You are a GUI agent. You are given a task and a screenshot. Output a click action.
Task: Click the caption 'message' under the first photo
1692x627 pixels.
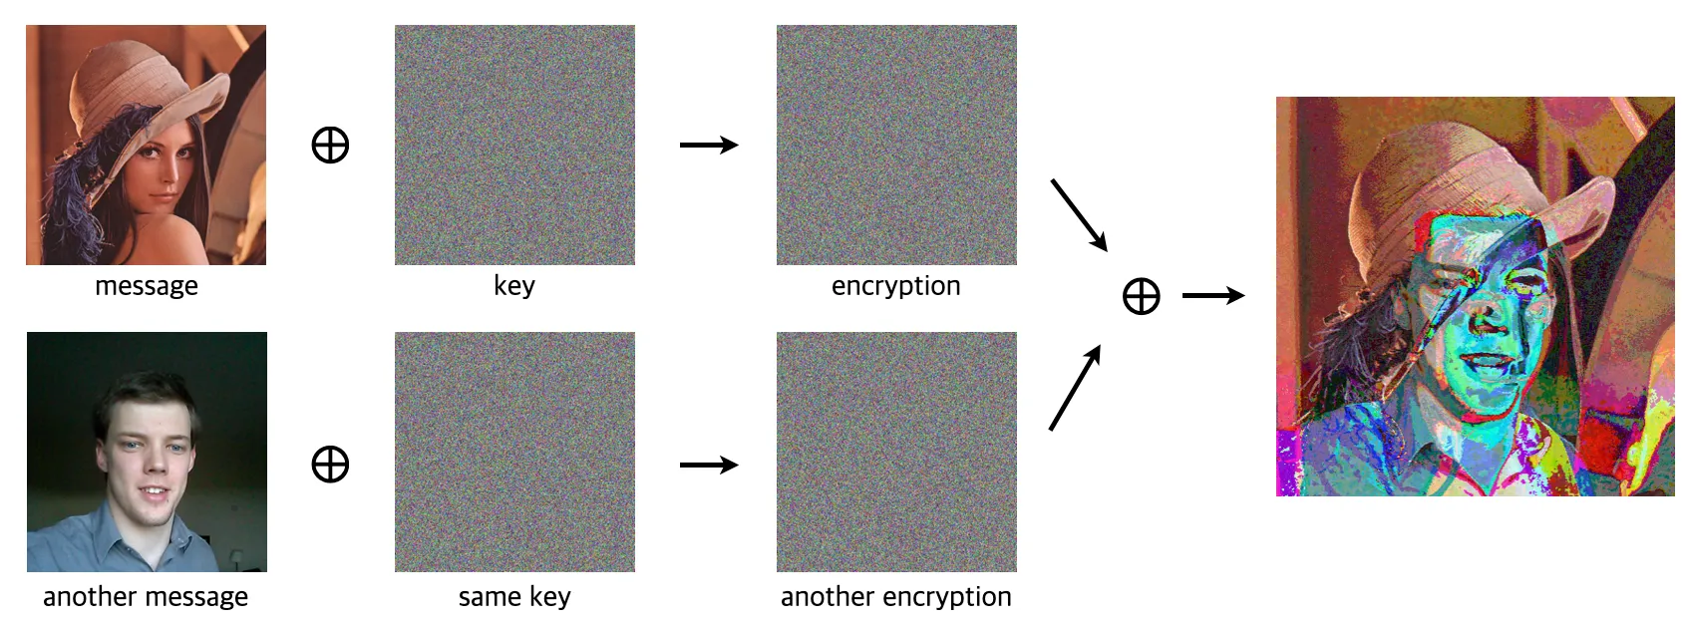click(146, 286)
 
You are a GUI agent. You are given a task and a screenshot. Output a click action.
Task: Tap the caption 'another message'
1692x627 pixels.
click(146, 597)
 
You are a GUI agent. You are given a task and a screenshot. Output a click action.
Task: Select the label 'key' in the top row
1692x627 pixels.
click(514, 286)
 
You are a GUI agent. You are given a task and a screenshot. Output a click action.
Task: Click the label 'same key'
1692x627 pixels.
click(514, 597)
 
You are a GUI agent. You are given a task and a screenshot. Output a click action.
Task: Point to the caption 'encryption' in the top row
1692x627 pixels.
click(895, 286)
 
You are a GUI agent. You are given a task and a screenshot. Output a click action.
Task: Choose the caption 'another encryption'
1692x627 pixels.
click(895, 597)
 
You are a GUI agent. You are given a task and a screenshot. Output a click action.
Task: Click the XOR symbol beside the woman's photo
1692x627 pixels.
click(330, 146)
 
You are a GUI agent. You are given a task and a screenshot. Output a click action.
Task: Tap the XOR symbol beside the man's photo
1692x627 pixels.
click(330, 465)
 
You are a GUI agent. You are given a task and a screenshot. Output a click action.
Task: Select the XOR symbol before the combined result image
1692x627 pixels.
click(1141, 296)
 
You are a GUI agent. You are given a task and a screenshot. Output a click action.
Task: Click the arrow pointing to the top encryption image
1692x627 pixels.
click(709, 146)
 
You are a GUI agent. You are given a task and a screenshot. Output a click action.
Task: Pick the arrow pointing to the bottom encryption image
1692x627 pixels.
click(709, 465)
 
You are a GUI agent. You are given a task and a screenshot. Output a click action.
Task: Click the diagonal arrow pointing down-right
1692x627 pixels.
click(1079, 214)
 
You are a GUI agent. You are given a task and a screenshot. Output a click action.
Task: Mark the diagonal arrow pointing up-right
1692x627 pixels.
click(1075, 388)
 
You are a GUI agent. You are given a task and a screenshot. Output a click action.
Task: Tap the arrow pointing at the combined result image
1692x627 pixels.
click(1213, 296)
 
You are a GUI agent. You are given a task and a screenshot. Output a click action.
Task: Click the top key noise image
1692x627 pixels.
click(514, 146)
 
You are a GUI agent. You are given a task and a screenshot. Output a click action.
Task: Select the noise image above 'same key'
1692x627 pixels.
click(514, 452)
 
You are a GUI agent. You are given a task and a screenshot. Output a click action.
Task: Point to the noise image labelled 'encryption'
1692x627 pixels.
click(896, 146)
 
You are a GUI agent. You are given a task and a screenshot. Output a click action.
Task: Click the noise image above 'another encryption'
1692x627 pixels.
click(896, 452)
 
